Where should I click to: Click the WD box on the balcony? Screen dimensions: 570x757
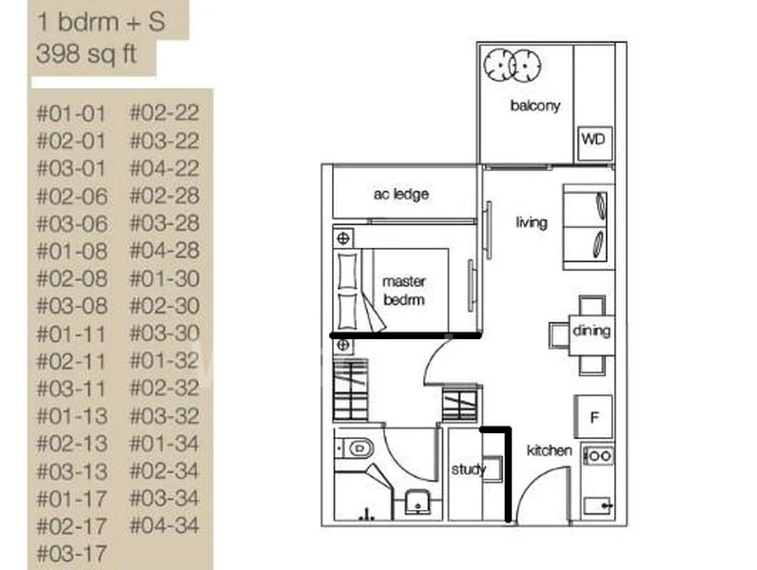tap(593, 141)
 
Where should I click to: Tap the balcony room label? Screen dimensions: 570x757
tap(534, 105)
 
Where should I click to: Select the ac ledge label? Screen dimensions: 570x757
tap(400, 194)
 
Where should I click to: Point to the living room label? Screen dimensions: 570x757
tap(532, 222)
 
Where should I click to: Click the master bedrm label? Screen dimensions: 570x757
tap(403, 290)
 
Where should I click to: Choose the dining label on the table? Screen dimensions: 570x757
tap(591, 332)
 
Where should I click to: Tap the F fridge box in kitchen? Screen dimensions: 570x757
tap(593, 416)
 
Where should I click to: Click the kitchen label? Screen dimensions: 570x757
tap(550, 450)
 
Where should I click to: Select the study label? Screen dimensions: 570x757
tap(468, 469)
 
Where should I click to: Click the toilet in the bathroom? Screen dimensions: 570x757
tap(359, 446)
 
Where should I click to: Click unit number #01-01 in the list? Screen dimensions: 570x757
tap(71, 114)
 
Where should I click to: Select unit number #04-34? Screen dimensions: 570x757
tap(164, 524)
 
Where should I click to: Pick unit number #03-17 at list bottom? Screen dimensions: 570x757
tap(71, 552)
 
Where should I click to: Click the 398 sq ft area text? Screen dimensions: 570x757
tap(86, 54)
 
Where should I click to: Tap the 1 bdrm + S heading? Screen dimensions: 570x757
tap(100, 21)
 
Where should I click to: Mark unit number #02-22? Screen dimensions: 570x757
tap(164, 114)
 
